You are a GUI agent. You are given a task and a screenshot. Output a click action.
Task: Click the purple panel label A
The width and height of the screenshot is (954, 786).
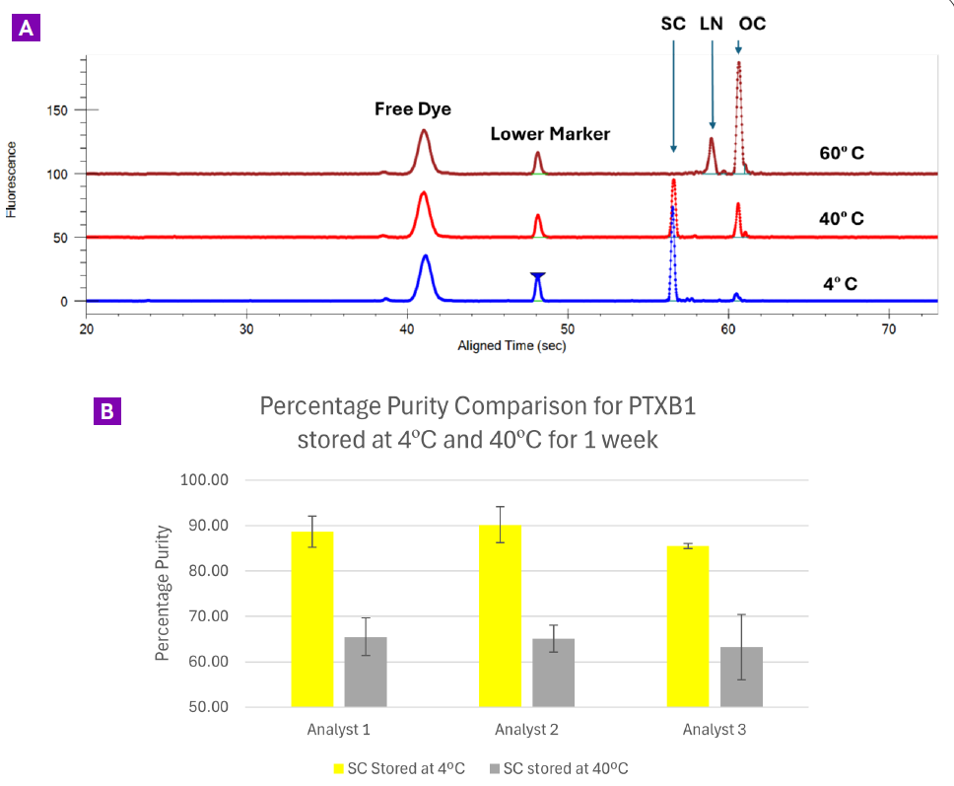tap(25, 28)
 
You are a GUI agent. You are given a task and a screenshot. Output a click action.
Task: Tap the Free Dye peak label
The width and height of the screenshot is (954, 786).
tap(413, 109)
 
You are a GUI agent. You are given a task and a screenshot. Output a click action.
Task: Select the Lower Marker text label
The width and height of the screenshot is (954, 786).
tap(550, 134)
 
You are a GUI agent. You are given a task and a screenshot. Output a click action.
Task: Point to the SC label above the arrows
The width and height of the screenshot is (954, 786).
tap(673, 24)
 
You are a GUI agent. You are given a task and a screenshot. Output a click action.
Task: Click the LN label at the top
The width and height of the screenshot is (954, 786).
tap(712, 24)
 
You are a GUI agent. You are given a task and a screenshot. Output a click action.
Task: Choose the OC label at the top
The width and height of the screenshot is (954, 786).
tap(751, 24)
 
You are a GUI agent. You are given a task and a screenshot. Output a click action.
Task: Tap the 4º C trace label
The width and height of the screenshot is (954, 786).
tap(840, 284)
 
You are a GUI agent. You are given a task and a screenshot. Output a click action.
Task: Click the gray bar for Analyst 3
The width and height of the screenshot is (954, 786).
tap(741, 677)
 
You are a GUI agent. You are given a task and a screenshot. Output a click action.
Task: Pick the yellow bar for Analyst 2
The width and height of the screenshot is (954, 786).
tap(500, 616)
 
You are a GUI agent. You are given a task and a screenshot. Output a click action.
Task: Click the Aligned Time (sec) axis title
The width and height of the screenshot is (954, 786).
tap(511, 346)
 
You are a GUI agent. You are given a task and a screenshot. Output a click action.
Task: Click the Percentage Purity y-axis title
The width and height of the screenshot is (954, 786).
tap(164, 593)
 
